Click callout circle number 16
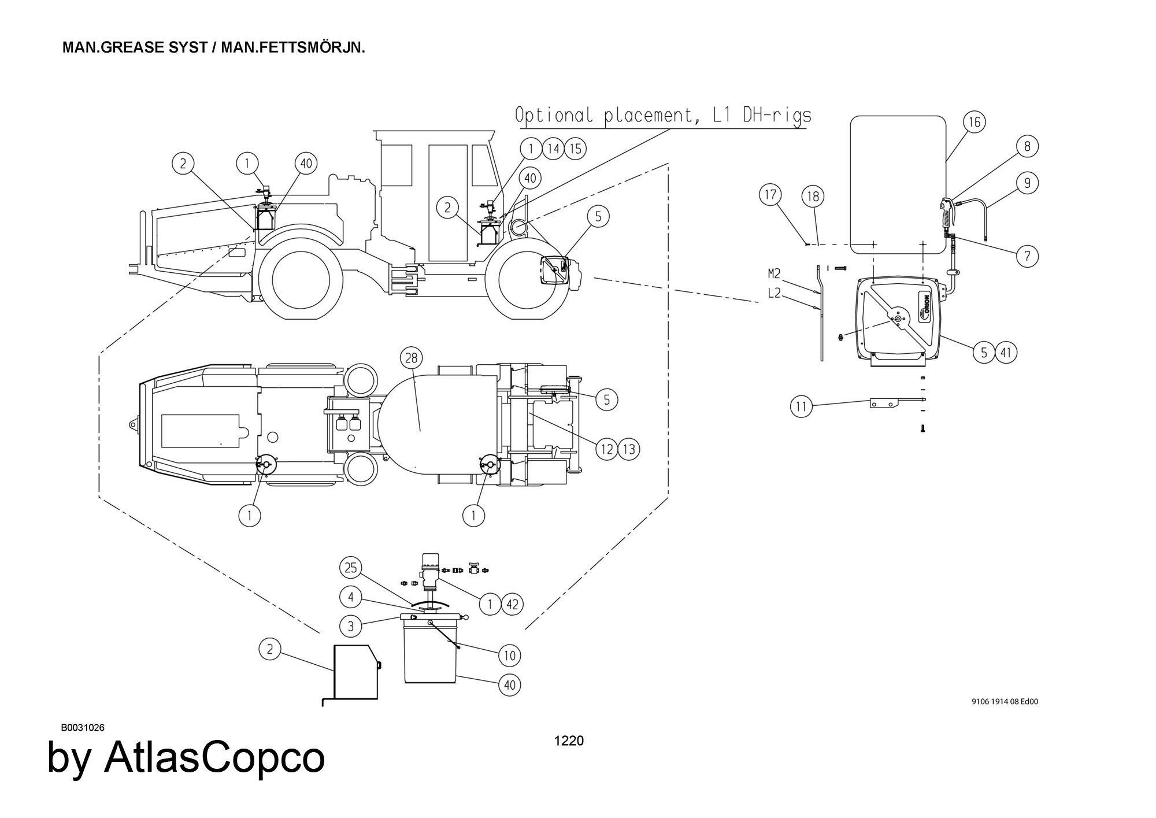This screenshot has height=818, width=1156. tap(975, 122)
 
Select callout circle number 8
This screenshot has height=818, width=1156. tap(1027, 146)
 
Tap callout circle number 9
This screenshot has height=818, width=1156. tap(1027, 183)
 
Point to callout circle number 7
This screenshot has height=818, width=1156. tap(1027, 256)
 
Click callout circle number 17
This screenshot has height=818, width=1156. tap(770, 195)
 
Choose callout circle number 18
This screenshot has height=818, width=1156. tap(813, 197)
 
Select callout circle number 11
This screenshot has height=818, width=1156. tap(801, 407)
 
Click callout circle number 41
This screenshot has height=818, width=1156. tap(1006, 353)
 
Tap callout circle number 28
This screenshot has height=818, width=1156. tap(411, 358)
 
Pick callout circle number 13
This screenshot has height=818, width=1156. tap(629, 449)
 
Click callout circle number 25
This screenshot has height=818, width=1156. tap(351, 568)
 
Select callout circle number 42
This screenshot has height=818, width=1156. tap(512, 605)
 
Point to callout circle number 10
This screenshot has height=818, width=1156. tap(509, 656)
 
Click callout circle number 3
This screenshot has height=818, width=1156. tap(351, 625)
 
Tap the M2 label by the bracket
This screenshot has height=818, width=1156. tap(774, 273)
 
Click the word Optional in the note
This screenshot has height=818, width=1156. tap(554, 116)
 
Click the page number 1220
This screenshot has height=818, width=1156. tap(569, 741)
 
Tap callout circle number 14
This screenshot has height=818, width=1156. tap(553, 149)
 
